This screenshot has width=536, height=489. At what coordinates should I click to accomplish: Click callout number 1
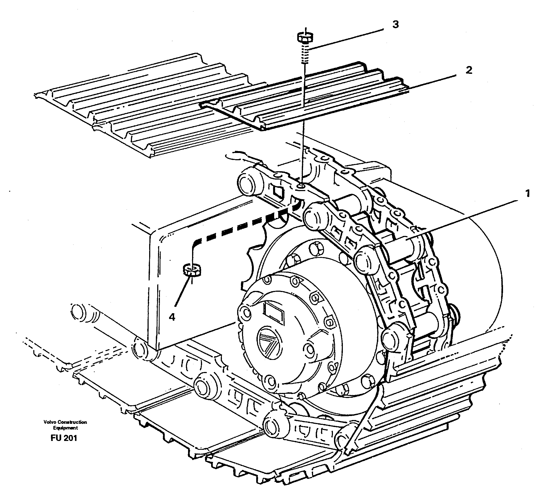pyautogui.click(x=527, y=193)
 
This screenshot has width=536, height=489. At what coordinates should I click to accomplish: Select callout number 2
pyautogui.click(x=468, y=70)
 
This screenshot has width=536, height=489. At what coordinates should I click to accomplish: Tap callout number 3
pyautogui.click(x=395, y=25)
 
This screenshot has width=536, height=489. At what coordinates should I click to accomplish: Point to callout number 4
pyautogui.click(x=172, y=317)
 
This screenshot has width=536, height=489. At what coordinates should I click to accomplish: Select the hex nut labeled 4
pyautogui.click(x=192, y=270)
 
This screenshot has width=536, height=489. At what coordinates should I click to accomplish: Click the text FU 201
pyautogui.click(x=64, y=438)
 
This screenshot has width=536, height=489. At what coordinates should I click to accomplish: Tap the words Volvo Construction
pyautogui.click(x=65, y=422)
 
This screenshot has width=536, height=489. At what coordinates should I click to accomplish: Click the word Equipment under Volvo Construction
pyautogui.click(x=65, y=428)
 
